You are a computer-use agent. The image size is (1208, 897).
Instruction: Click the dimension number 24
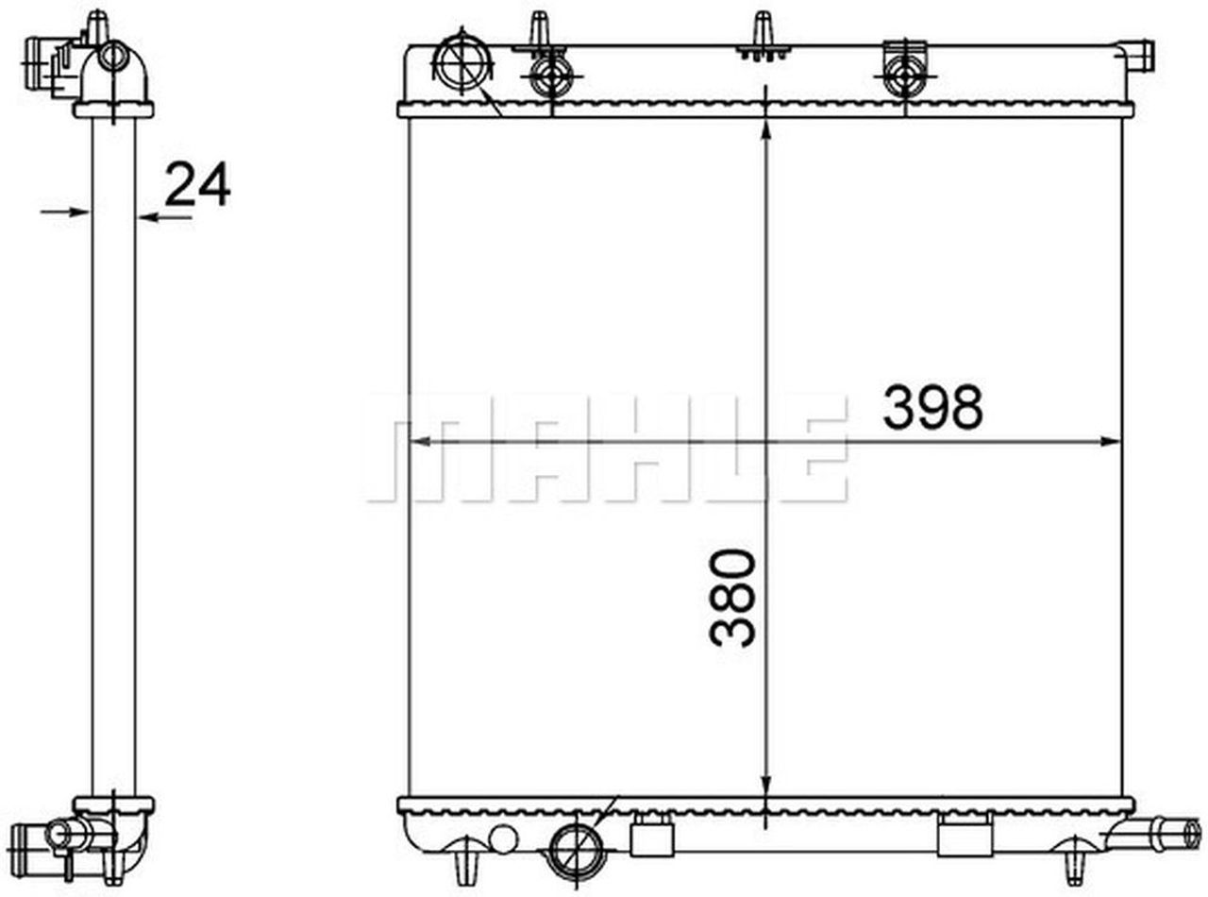pos(197,184)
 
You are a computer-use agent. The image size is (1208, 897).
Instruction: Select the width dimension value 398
pos(932,408)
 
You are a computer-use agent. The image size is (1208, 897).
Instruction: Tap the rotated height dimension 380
pos(734,598)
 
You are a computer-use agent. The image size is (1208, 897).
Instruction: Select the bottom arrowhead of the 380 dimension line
pos(764,787)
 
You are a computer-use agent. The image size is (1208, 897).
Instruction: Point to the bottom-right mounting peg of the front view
pos(1072,864)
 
